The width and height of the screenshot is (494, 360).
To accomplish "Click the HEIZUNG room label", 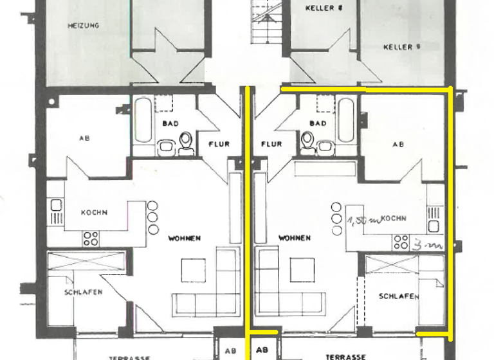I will (x=83, y=26).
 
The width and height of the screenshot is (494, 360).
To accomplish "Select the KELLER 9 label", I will (x=401, y=47).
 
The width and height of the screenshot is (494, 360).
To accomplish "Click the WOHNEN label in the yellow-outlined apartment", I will (x=295, y=238).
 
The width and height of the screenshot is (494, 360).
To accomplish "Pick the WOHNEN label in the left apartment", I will (x=185, y=238).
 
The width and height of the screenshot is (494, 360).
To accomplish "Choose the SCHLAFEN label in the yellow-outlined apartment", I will (x=399, y=296).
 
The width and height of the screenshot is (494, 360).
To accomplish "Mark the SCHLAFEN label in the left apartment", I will (x=83, y=292).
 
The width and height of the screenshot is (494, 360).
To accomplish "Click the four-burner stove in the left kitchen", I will (x=91, y=239).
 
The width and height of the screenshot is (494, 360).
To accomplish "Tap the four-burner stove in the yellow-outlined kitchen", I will (x=401, y=241).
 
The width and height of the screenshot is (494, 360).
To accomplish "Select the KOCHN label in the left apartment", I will (x=94, y=213).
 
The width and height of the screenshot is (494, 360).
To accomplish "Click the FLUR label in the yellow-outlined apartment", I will (x=272, y=144).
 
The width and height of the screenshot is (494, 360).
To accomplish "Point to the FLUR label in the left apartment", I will (x=219, y=144).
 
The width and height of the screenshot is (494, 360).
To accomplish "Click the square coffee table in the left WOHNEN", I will (x=193, y=269).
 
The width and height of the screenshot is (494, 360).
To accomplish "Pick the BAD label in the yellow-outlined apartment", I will (x=318, y=123).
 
